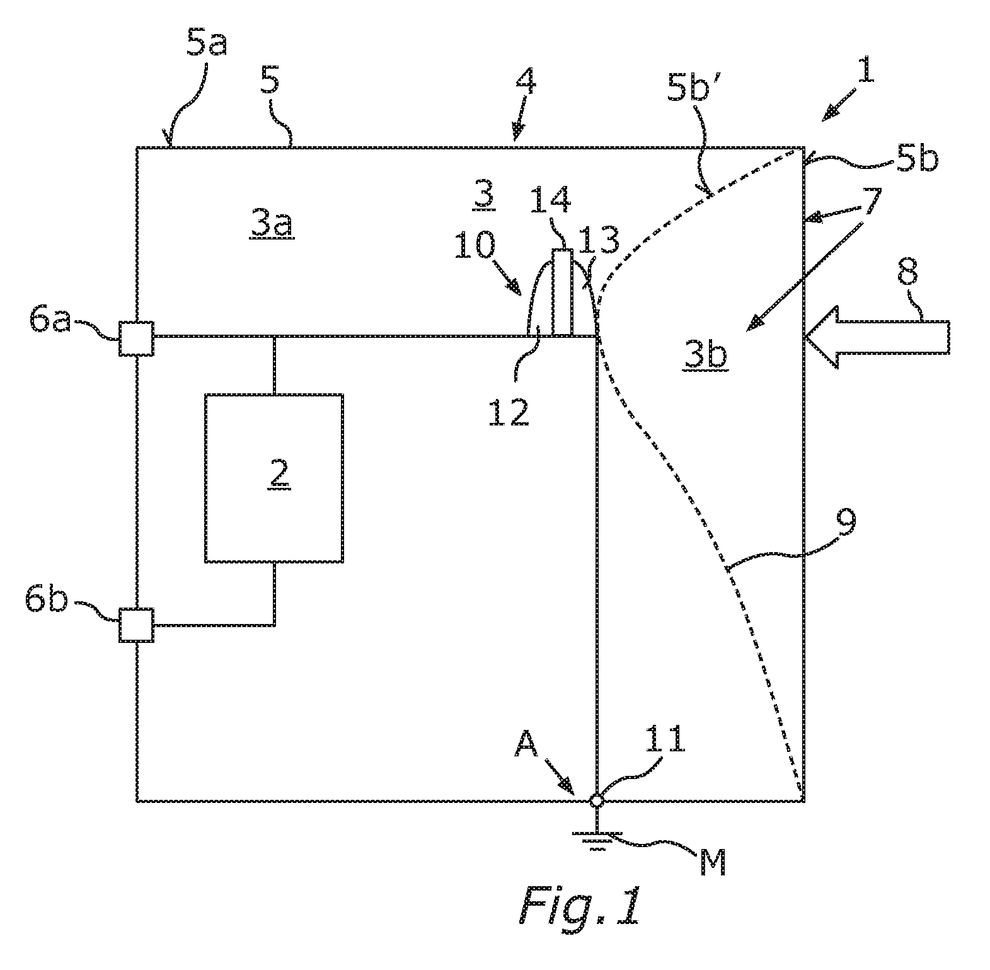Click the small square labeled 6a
click(x=136, y=338)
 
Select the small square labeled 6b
click(x=136, y=625)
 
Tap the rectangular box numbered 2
click(x=274, y=478)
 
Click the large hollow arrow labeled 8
click(x=876, y=337)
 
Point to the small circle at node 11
click(x=596, y=800)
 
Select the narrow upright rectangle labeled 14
click(x=563, y=292)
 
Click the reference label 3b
click(x=705, y=356)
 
